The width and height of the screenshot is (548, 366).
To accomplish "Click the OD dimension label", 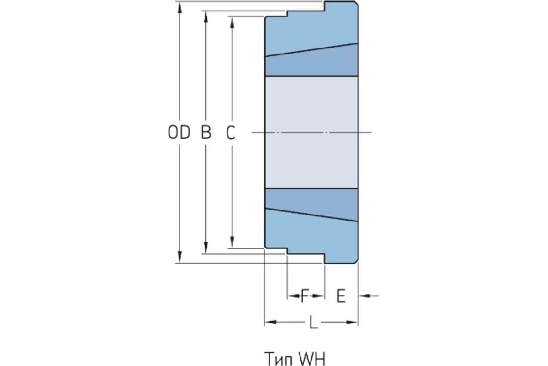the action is [179, 132].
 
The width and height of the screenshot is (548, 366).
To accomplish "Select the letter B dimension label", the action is [206, 132].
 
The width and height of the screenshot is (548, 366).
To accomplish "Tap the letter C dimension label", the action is [231, 132].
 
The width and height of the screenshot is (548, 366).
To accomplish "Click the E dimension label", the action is [341, 296].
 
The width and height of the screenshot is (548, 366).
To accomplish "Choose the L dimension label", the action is [313, 322].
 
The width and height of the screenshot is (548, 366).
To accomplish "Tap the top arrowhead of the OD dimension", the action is [180, 7].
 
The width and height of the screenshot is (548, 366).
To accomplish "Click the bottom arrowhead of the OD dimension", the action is [180, 257].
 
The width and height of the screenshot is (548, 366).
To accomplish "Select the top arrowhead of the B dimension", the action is [206, 17].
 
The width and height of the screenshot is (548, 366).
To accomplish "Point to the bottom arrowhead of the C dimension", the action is [232, 242].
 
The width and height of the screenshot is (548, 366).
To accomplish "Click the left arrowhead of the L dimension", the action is [270, 322].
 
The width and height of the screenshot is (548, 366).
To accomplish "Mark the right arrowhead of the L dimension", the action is [352, 322].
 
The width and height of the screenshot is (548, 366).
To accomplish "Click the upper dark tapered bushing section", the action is [311, 63].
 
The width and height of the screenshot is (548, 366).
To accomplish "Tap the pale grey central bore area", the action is [311, 133].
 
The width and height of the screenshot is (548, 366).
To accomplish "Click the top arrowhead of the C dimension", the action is [232, 22].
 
